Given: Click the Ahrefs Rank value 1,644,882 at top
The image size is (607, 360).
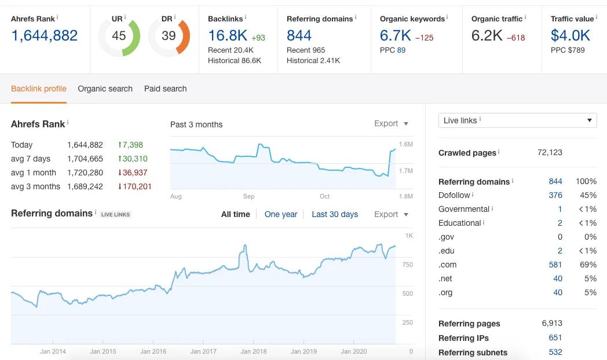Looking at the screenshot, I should tap(44, 36).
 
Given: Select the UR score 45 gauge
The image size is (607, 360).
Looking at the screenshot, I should tap(119, 36).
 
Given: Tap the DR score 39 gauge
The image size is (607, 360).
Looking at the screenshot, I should tap(169, 36).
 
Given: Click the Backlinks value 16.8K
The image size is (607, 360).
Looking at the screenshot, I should tap(227, 36).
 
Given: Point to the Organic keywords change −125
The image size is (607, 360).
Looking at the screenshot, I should tap(424, 38).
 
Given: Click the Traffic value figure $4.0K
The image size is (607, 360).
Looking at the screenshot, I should tap(570, 36).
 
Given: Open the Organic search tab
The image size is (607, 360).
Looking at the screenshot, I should tap(105, 89).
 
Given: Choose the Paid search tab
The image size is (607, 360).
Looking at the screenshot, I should tap(165, 89).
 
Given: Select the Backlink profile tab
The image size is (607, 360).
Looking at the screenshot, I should tap(39, 89).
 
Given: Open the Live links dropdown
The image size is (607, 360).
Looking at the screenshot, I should tap(517, 120).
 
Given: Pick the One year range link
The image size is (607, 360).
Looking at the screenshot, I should tap(281, 214).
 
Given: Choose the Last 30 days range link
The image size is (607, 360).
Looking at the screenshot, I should tap(335, 214).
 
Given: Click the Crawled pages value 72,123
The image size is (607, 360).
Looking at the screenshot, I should tap(550, 152).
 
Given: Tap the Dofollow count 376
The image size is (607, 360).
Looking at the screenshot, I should tap(555, 195).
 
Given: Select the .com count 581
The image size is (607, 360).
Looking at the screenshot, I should tap(555, 265).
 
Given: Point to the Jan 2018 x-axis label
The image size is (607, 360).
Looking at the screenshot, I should tap(254, 351).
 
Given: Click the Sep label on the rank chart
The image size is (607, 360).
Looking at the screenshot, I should tap(248, 196).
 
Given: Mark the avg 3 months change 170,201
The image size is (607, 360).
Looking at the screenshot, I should tap(134, 186).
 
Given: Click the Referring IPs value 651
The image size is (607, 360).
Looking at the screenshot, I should tap(555, 338).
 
